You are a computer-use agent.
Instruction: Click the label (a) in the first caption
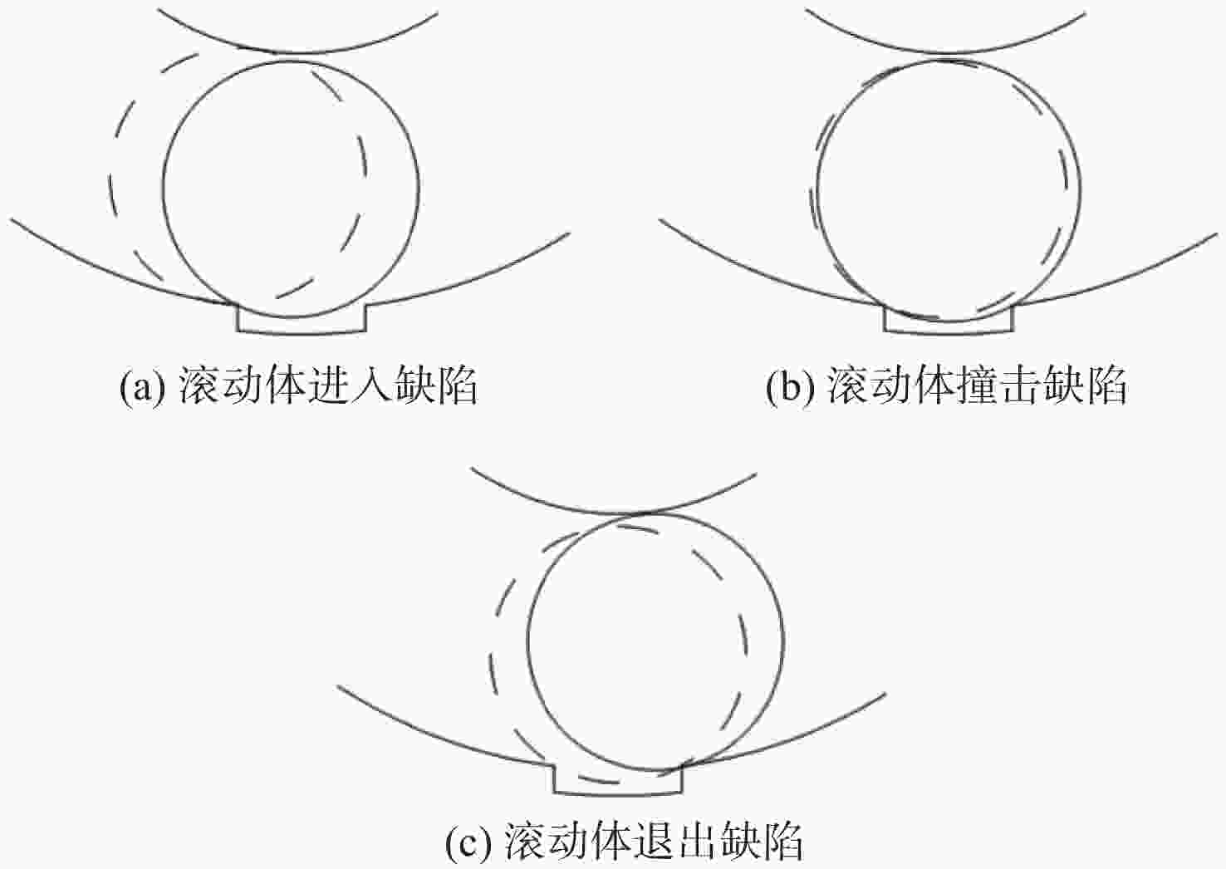[142, 388]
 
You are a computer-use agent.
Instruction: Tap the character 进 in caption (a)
[330, 386]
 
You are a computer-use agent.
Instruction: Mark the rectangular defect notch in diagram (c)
[618, 792]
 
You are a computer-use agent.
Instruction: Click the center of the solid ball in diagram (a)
[292, 189]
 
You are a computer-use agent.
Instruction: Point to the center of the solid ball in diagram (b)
[949, 190]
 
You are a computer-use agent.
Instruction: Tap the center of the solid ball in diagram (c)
[655, 641]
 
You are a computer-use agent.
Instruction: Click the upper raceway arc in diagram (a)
[298, 52]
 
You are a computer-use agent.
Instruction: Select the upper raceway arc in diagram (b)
[946, 52]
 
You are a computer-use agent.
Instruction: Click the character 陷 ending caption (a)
[458, 386]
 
